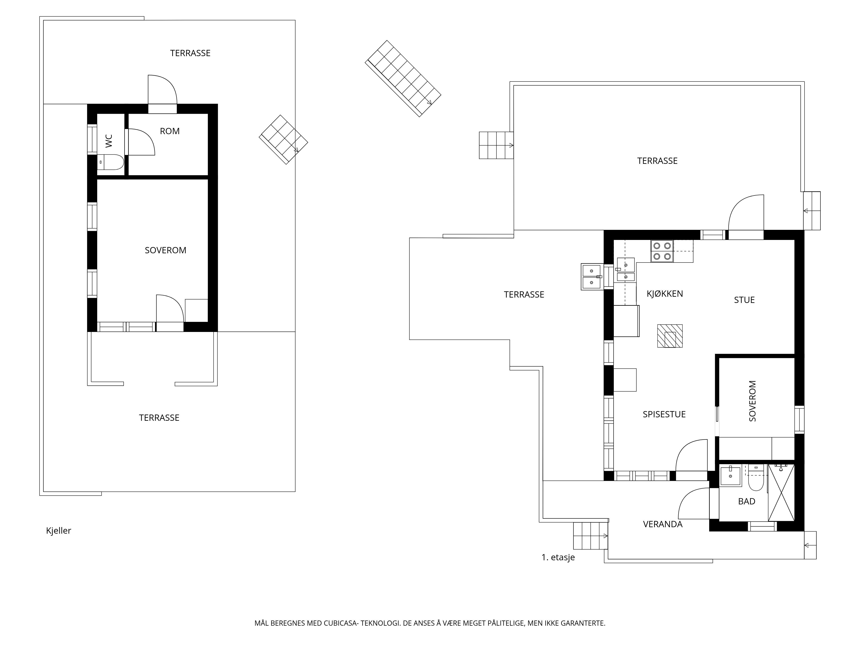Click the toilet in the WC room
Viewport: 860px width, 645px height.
point(111,162)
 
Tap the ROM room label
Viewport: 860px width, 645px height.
point(170,131)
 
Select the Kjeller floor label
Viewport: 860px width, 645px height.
point(59,531)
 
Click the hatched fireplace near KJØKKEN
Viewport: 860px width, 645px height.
point(670,336)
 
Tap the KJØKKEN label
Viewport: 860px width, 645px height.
point(665,293)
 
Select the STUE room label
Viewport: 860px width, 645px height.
point(744,300)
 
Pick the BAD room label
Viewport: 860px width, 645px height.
point(746,501)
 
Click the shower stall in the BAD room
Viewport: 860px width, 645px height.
point(781,493)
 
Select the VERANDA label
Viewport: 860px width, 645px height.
point(662,524)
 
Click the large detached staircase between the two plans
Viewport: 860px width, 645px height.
point(403,78)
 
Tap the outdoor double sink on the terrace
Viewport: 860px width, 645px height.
point(591,276)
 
